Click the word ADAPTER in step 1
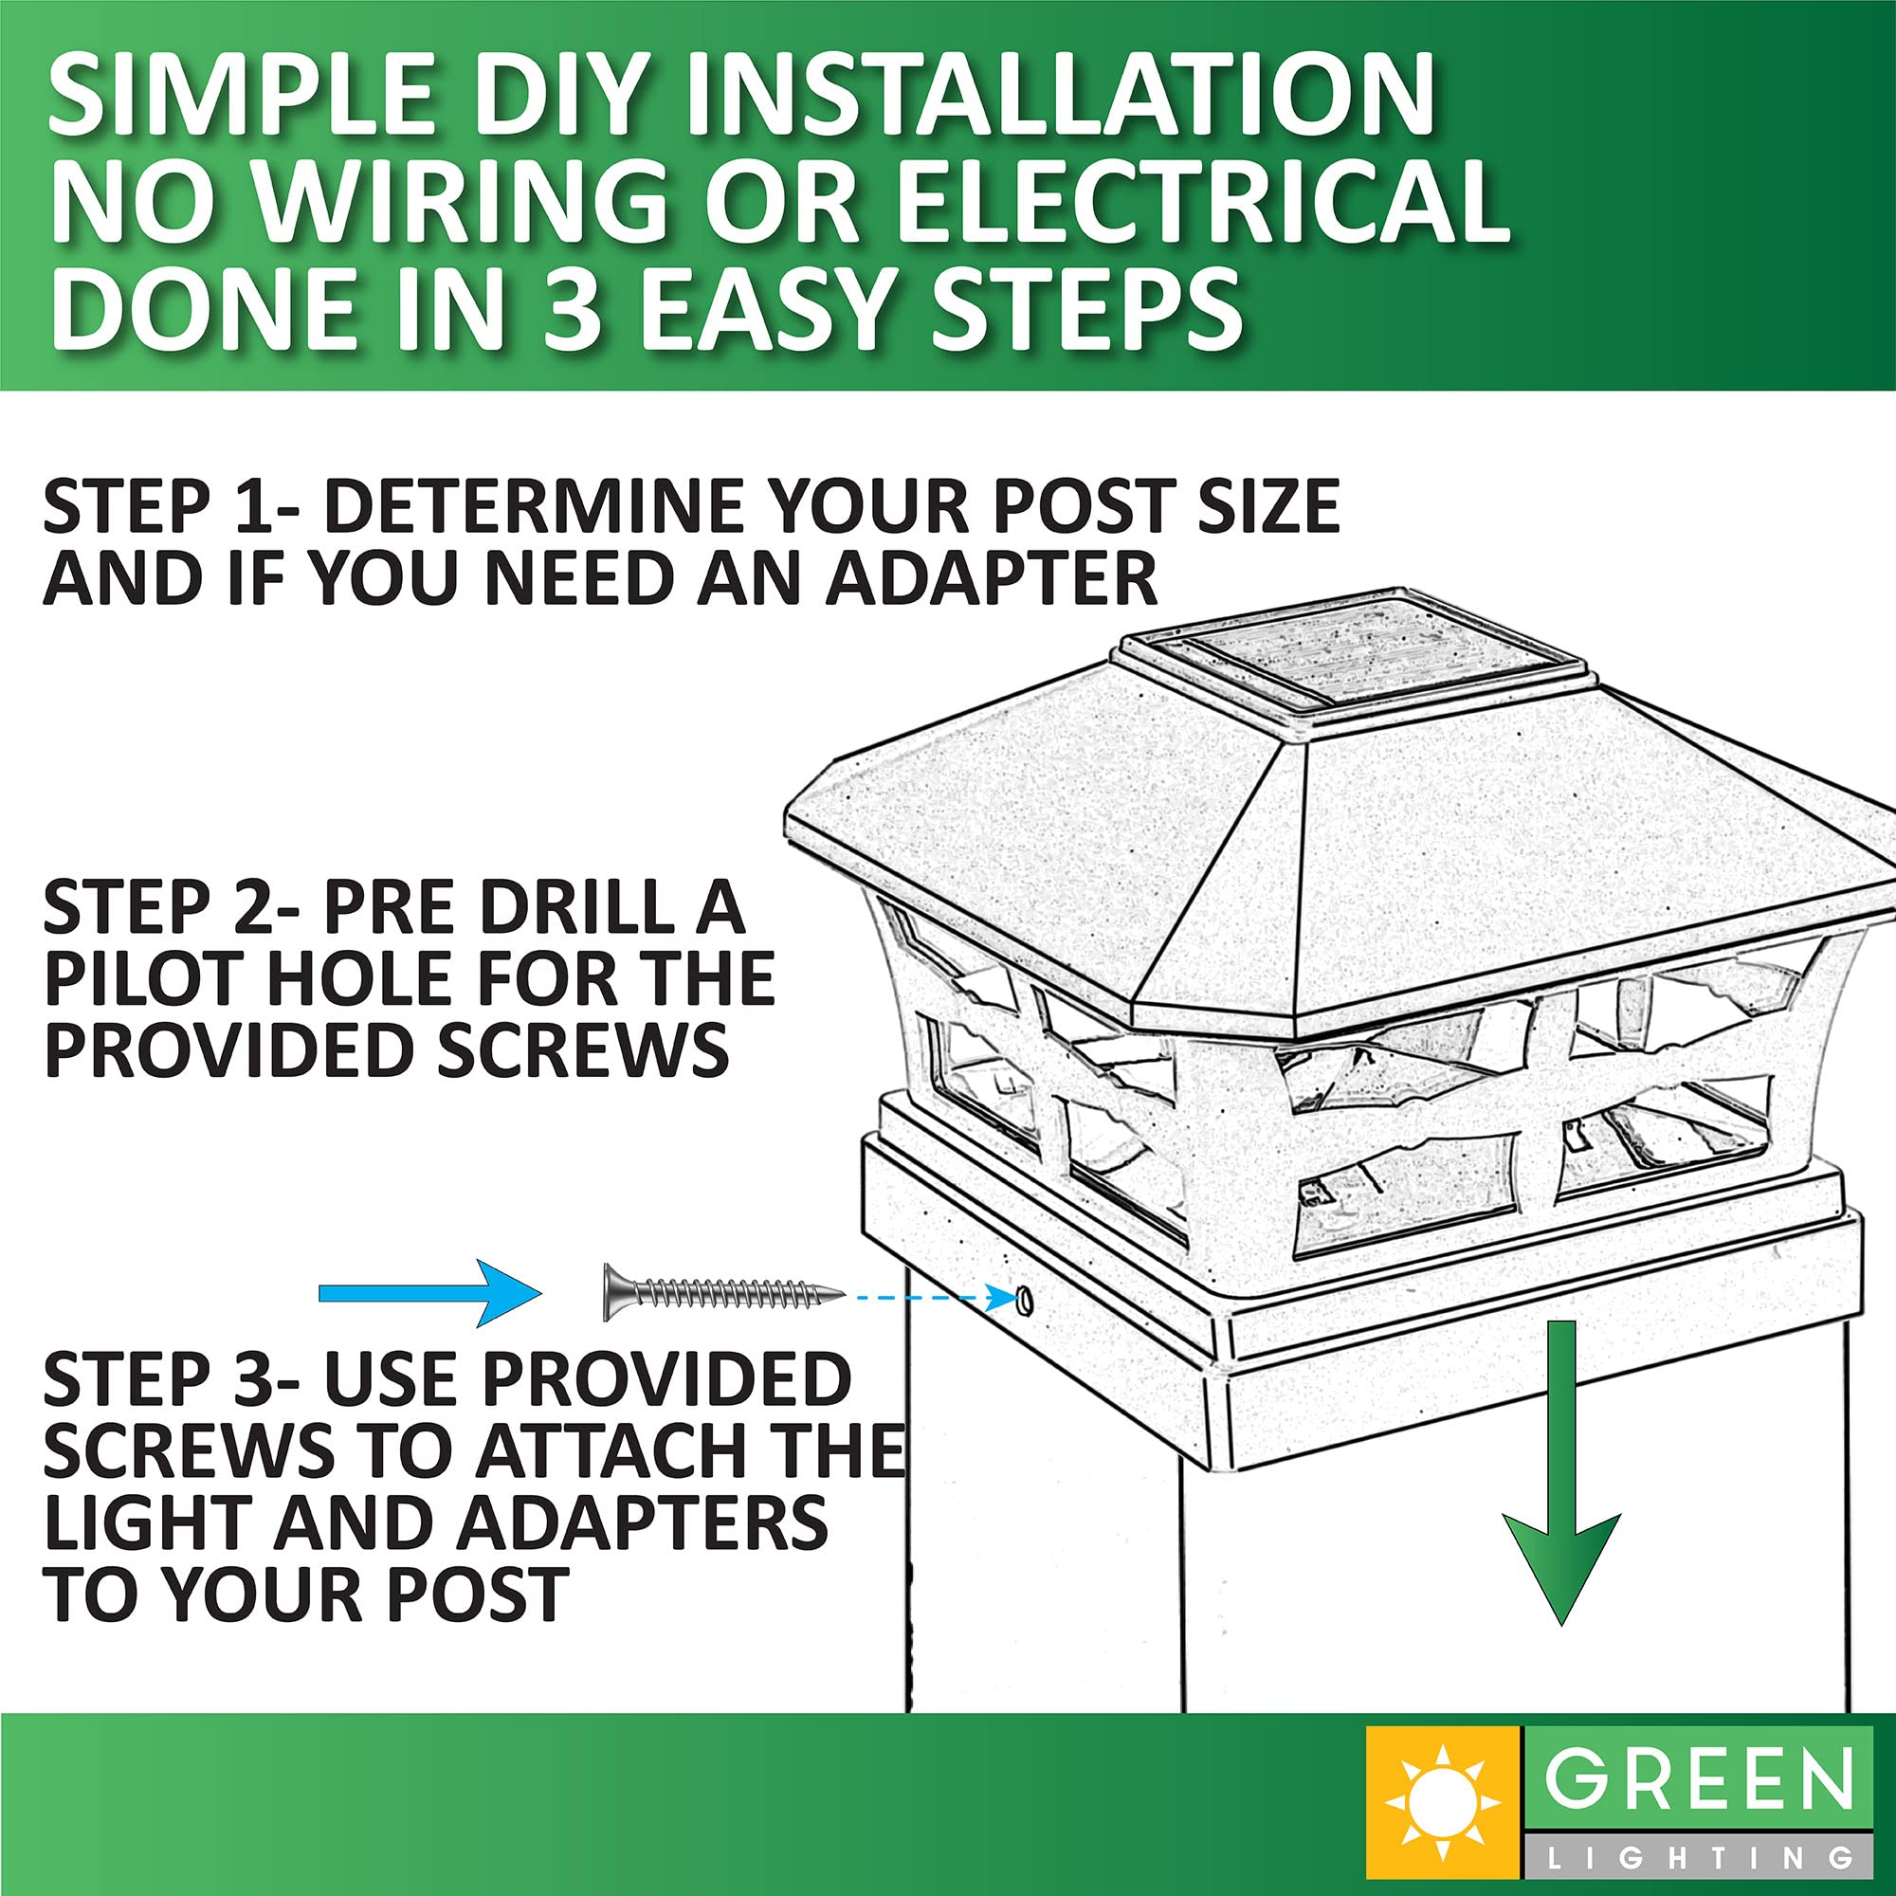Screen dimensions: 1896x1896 991,579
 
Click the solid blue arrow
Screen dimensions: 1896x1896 430,1293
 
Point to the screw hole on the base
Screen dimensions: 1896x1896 1025,1301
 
